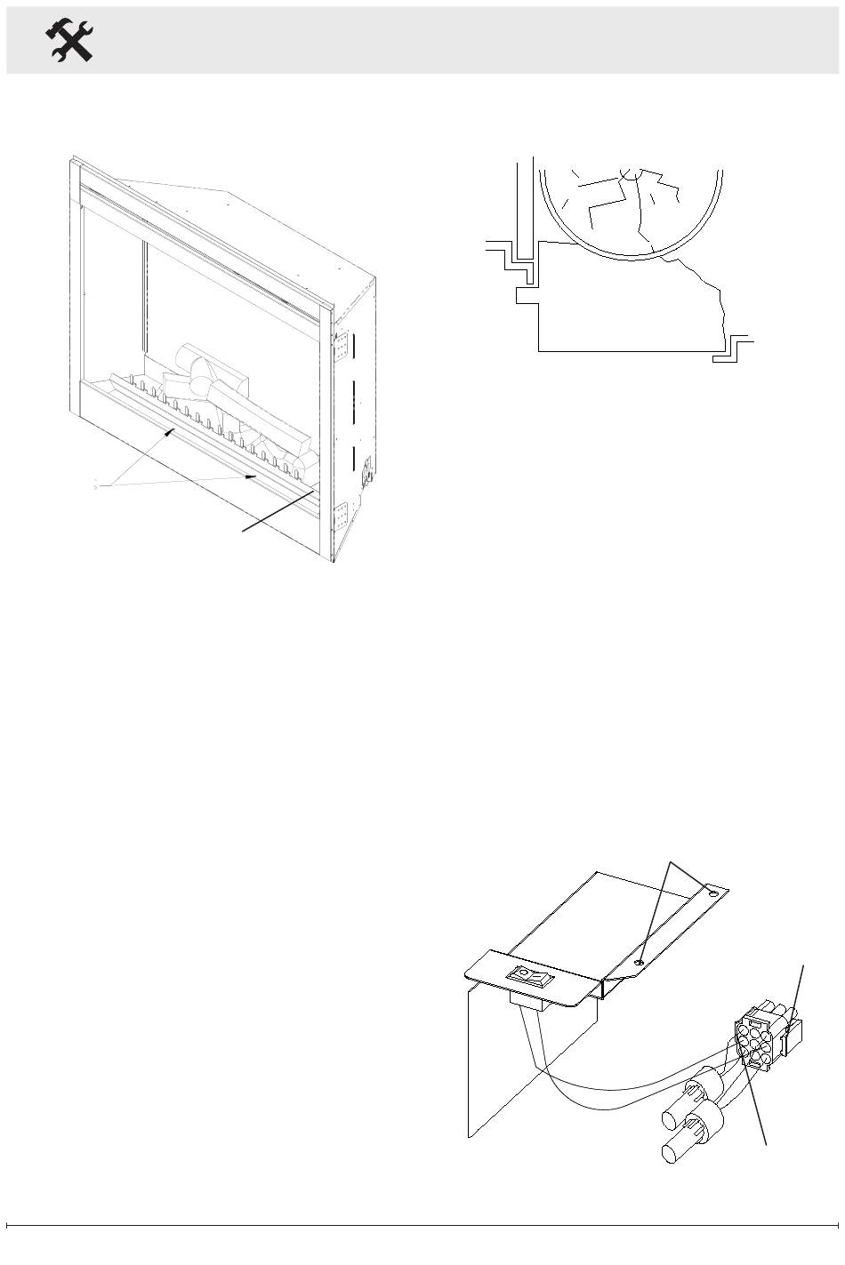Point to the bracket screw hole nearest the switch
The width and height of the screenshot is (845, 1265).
(x=640, y=961)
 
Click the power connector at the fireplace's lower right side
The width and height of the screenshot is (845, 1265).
(x=365, y=469)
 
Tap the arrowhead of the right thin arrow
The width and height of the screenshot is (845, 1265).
(x=254, y=476)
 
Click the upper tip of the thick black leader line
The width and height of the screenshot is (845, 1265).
(x=313, y=489)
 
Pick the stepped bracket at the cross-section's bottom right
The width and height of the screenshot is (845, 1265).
(x=732, y=349)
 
